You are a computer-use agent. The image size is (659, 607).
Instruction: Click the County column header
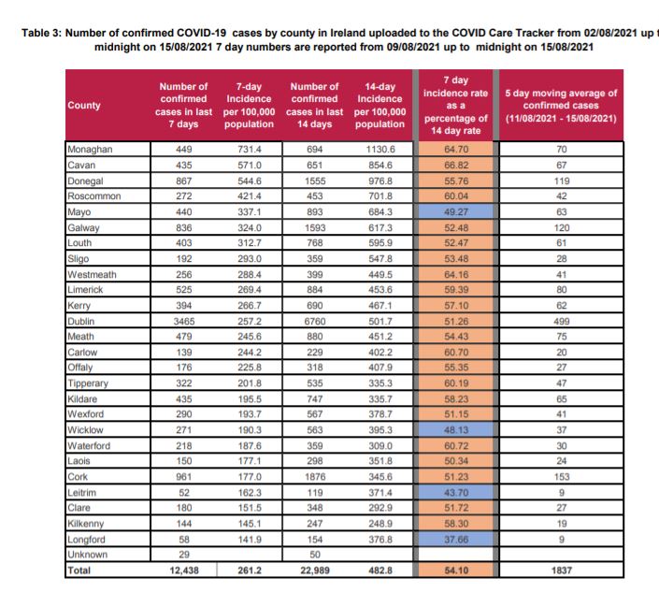(x=84, y=106)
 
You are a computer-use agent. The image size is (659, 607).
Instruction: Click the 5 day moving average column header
(x=560, y=106)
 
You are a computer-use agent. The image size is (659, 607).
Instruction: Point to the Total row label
(x=80, y=569)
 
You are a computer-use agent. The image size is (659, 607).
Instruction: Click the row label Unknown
(x=87, y=554)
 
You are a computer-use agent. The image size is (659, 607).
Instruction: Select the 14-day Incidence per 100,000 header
(x=380, y=106)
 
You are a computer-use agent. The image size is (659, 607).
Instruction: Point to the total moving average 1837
(x=561, y=569)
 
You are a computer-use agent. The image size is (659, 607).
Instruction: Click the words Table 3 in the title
(x=38, y=32)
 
